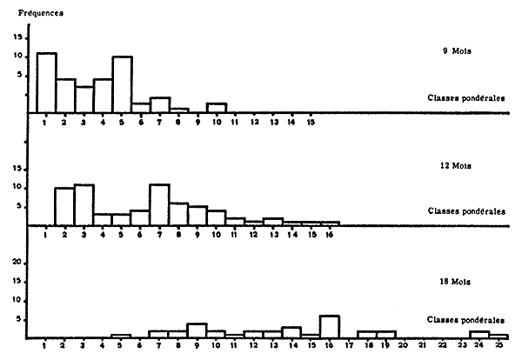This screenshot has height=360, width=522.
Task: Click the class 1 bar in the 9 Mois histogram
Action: tap(46, 83)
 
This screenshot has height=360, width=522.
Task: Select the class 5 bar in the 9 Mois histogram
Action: tap(122, 84)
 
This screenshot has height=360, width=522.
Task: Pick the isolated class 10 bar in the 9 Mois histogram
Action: tap(217, 108)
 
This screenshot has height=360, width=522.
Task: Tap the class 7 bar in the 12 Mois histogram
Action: tap(159, 204)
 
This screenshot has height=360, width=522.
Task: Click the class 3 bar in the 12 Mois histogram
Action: tap(84, 204)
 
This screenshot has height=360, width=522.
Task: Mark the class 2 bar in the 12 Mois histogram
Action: tap(64, 206)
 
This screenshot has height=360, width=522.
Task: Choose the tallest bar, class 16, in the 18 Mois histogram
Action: tap(329, 326)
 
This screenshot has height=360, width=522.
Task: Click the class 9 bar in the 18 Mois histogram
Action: tap(197, 330)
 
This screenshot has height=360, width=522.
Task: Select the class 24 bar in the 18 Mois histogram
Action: tap(479, 335)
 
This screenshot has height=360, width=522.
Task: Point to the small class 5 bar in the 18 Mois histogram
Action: tap(121, 337)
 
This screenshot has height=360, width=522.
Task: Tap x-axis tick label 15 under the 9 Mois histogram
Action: tap(311, 122)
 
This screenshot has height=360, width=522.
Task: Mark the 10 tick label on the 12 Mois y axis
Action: tap(17, 189)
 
